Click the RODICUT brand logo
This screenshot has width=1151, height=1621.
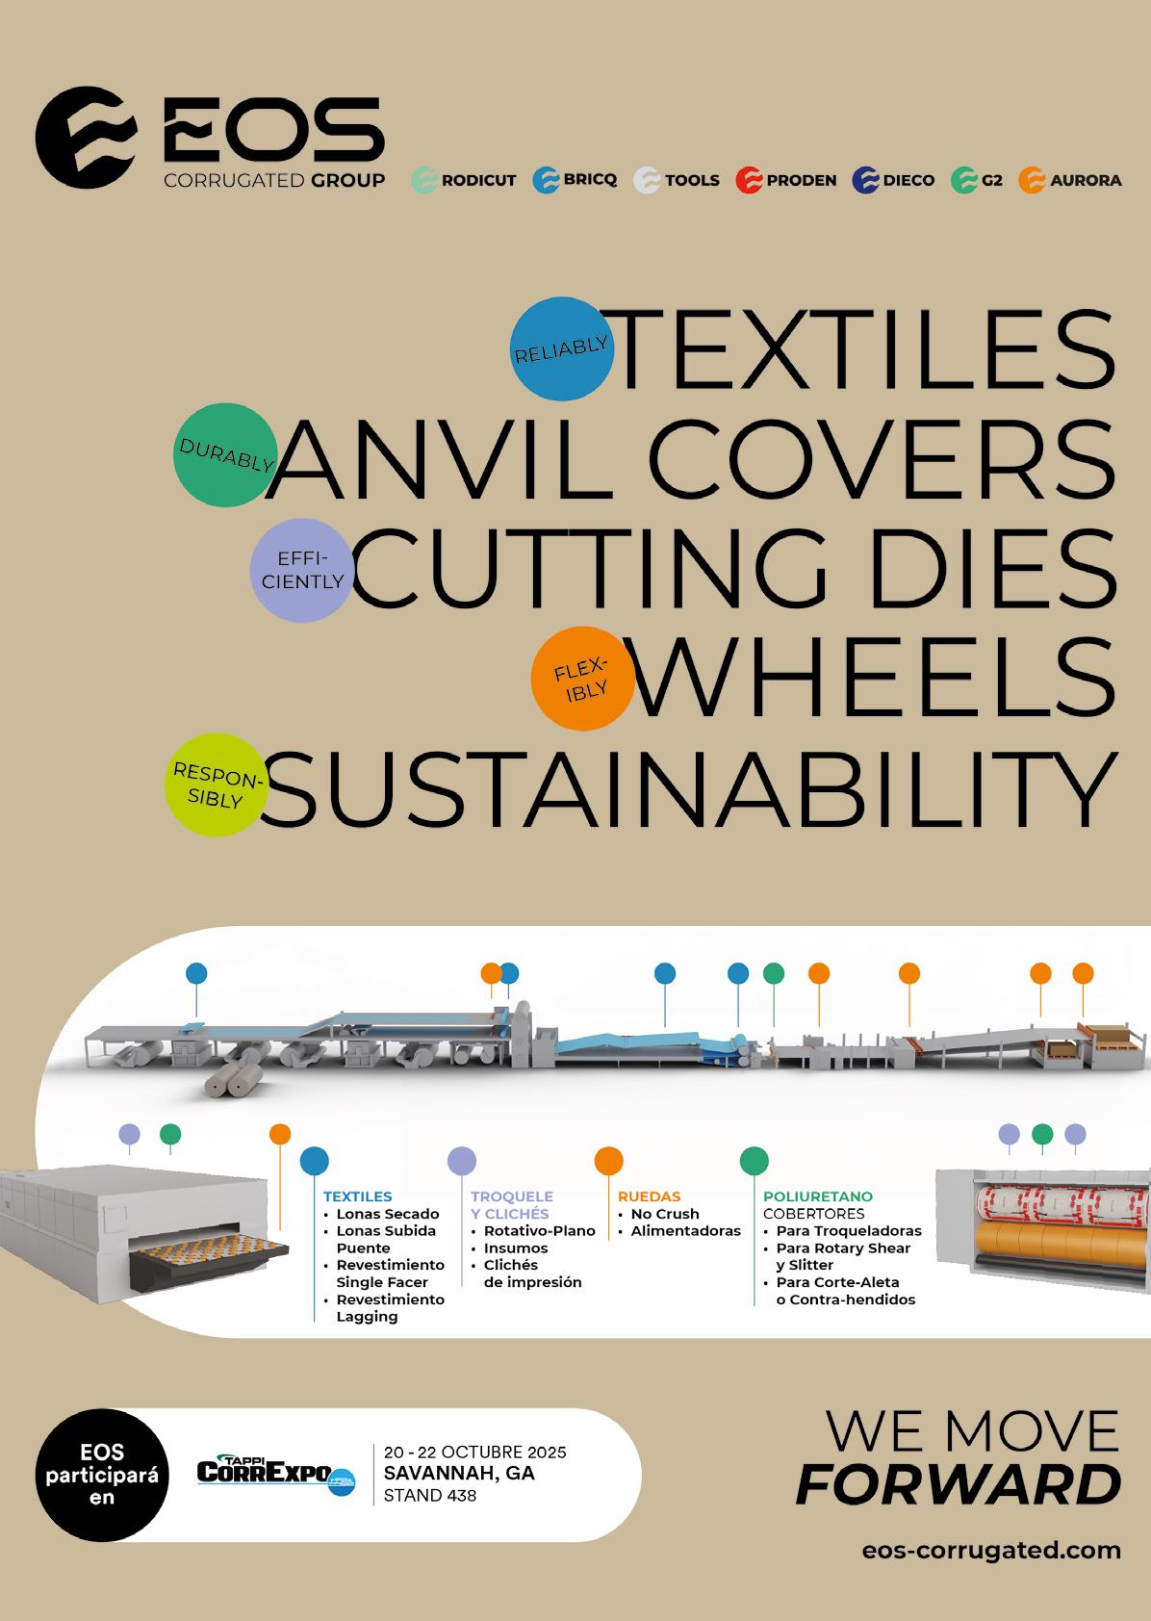tap(465, 180)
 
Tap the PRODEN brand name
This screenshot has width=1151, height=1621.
tap(801, 180)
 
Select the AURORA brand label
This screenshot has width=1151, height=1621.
tap(1085, 180)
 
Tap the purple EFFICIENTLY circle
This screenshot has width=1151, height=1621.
tap(301, 570)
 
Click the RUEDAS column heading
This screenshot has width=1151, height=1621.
tap(649, 1196)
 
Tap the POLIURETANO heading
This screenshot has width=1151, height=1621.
tap(817, 1196)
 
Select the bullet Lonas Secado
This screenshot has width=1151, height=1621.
tap(387, 1214)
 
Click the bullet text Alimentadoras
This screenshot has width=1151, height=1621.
tap(685, 1231)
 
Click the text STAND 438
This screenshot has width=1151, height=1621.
tap(429, 1496)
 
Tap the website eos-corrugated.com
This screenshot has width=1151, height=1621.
tap(991, 1551)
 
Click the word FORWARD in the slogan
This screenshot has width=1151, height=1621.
tap(958, 1485)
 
